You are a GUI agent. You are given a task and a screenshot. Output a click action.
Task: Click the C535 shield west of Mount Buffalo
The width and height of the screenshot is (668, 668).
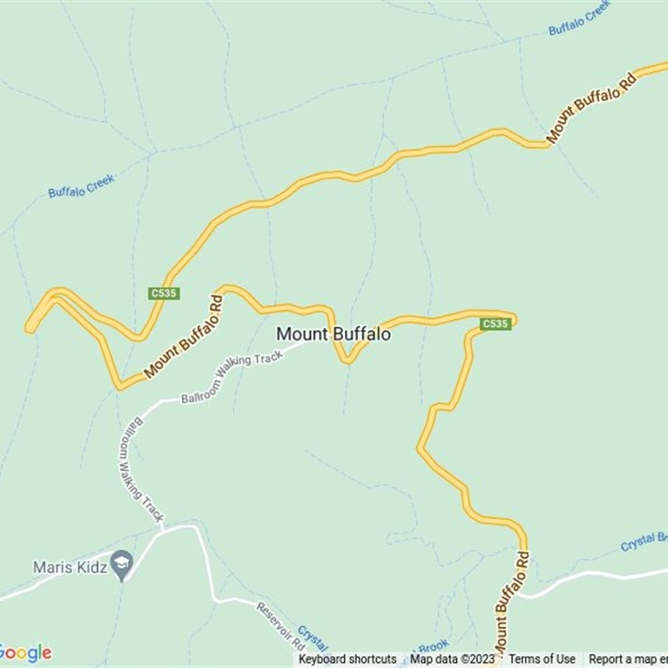pyautogui.click(x=164, y=293)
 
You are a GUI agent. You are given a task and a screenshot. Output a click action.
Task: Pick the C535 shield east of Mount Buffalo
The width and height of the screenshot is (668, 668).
pyautogui.click(x=495, y=324)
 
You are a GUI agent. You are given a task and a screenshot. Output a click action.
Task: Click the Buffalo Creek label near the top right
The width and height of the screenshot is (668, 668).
pyautogui.click(x=579, y=18)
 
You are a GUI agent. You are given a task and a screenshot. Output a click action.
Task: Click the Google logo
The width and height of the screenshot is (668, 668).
pyautogui.click(x=25, y=652)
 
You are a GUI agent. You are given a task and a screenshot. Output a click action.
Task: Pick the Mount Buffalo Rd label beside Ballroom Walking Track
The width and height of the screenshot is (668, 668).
pyautogui.click(x=185, y=337)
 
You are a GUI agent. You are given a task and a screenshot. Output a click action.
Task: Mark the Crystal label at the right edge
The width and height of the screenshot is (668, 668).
pyautogui.click(x=643, y=541)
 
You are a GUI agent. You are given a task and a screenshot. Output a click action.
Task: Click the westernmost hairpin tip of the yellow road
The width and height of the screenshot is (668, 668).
pyautogui.click(x=30, y=326)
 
